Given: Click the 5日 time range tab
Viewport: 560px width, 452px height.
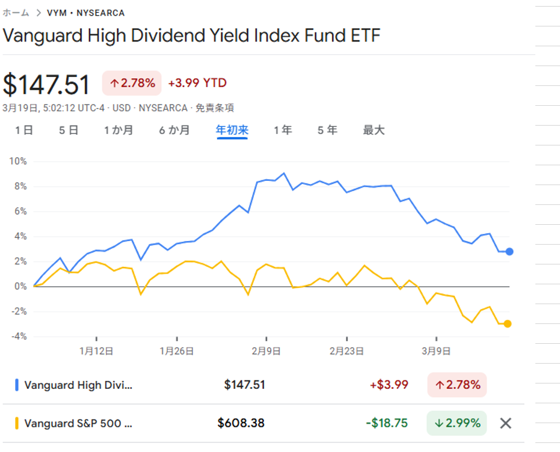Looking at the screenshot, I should tap(69, 130).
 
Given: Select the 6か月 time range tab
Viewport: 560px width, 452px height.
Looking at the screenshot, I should tap(174, 130).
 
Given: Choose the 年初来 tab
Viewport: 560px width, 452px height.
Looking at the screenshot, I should tap(232, 130).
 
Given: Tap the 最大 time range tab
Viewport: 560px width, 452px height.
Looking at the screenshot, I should tap(374, 130).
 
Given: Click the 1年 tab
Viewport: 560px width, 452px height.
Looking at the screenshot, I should tap(282, 130).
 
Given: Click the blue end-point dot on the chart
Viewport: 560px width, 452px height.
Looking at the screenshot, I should tap(509, 251).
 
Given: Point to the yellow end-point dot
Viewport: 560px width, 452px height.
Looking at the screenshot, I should tap(508, 324).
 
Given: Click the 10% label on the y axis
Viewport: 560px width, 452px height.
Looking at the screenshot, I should tap(18, 161).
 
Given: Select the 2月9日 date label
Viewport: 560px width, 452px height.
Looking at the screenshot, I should tap(266, 352).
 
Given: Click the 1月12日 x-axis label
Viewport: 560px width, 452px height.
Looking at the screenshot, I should tap(96, 352).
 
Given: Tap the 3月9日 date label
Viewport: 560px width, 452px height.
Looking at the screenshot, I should tap(436, 352).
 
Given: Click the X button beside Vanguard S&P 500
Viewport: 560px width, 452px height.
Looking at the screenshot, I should tap(506, 423).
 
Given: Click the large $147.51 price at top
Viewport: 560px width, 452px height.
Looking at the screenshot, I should tap(46, 84).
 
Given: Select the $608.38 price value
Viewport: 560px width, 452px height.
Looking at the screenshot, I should tap(241, 423).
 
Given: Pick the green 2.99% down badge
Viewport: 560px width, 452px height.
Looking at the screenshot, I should tap(457, 423).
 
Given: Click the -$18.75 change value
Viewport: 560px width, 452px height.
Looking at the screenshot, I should tap(387, 423).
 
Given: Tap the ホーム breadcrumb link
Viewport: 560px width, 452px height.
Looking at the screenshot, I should tap(16, 13).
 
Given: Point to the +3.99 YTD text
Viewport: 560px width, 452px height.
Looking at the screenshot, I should tap(197, 83).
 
